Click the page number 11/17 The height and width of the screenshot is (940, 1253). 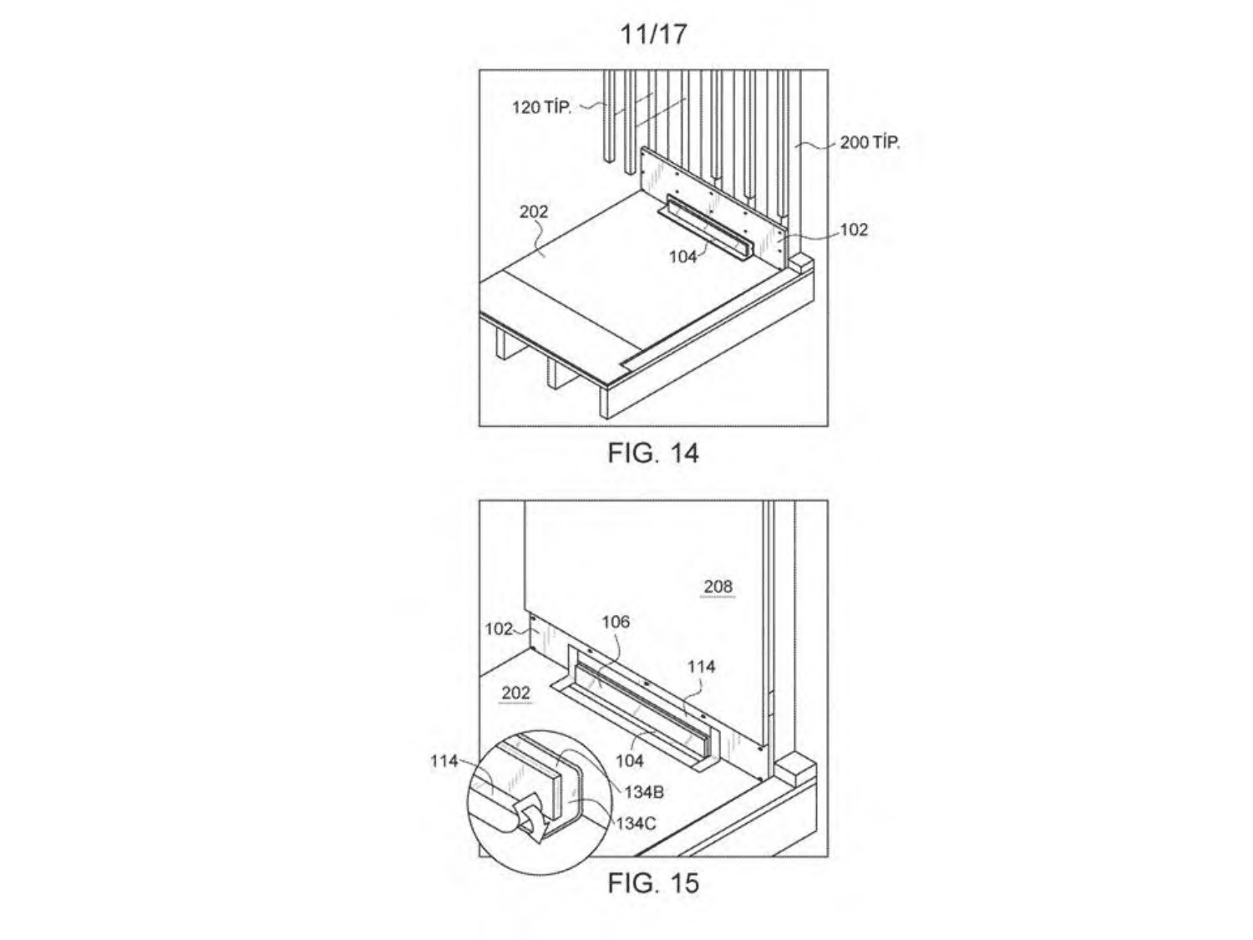[653, 34]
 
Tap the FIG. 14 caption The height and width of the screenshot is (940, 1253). [653, 453]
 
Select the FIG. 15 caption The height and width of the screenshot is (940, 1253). [653, 883]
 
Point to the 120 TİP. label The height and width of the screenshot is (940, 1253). [541, 107]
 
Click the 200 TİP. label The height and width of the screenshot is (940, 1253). [870, 142]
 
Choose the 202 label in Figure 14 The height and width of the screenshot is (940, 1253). [534, 211]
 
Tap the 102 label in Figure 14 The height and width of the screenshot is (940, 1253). [854, 230]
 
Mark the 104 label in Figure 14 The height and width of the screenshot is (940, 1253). [682, 257]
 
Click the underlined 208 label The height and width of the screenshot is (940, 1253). [718, 587]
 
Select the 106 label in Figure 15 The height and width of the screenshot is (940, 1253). [616, 622]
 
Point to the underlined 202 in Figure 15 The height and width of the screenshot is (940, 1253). [515, 693]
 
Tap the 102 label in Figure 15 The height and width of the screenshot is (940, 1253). [499, 629]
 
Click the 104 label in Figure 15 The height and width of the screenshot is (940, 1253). [630, 761]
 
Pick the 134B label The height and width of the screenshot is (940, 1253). [643, 792]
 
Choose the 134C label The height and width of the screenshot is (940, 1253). [636, 824]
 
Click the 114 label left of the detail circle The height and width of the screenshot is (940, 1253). [444, 761]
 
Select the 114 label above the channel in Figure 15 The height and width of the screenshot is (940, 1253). [701, 667]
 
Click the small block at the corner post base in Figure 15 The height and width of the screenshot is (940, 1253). [798, 767]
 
